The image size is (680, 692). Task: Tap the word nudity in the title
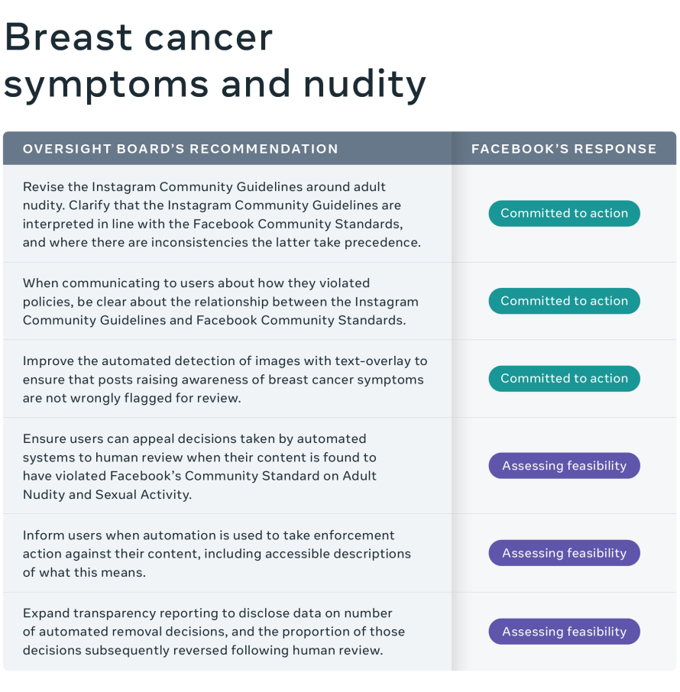point(364,84)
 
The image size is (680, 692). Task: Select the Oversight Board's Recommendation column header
point(180,149)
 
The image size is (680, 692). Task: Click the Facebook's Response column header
point(564,149)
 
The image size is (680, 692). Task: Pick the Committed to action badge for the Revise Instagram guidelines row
point(564,213)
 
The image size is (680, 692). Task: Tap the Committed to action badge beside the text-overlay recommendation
point(564,378)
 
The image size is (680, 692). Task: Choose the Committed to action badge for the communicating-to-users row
point(564,300)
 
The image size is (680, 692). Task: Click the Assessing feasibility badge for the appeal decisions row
point(564,466)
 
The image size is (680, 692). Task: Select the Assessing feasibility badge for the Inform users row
point(564,553)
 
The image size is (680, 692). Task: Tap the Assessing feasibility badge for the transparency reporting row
point(564,632)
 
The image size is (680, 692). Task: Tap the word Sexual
point(116,494)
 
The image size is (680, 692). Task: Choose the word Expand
point(47,614)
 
